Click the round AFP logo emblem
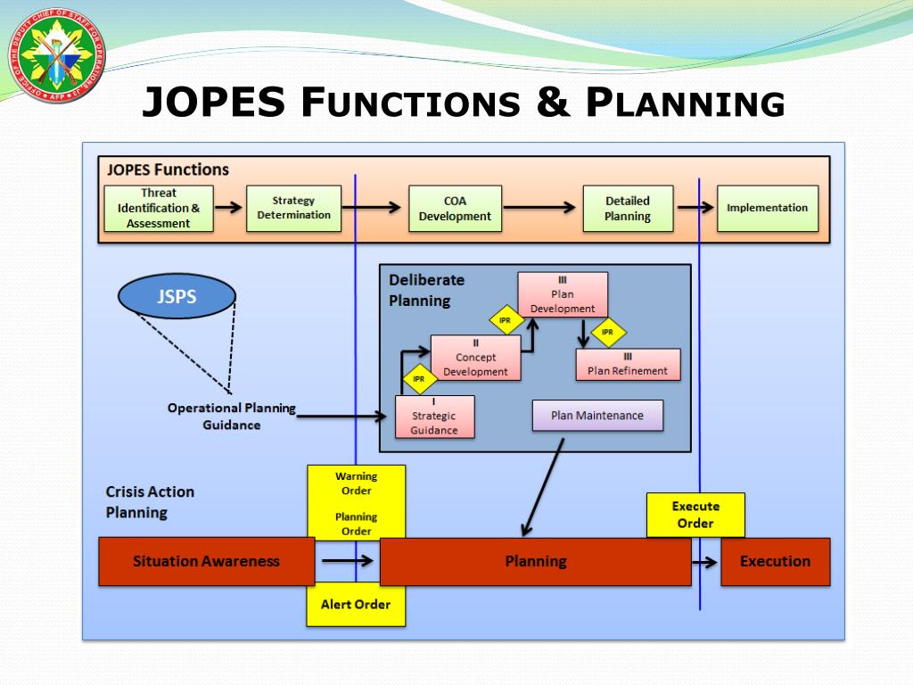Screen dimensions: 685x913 click(56, 52)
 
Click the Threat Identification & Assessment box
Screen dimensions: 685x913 click(159, 208)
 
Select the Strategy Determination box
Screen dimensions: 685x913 click(293, 208)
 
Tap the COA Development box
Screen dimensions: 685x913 click(455, 208)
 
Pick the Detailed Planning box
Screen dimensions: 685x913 click(627, 208)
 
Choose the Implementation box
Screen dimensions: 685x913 click(767, 208)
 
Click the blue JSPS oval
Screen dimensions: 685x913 click(177, 296)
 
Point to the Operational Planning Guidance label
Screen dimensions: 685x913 click(232, 416)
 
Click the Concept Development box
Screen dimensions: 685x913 click(475, 358)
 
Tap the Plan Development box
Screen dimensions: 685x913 click(563, 294)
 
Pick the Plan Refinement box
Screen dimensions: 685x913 click(627, 364)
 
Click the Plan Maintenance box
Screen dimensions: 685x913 click(597, 416)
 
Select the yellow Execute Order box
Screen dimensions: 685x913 click(695, 515)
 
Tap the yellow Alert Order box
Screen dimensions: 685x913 click(355, 605)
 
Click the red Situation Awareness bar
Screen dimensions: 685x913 click(206, 561)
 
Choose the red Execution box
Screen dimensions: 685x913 click(775, 561)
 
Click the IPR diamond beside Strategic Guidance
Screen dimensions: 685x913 click(418, 379)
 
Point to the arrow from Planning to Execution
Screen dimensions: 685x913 click(704, 561)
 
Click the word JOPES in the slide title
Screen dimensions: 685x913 click(215, 103)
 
